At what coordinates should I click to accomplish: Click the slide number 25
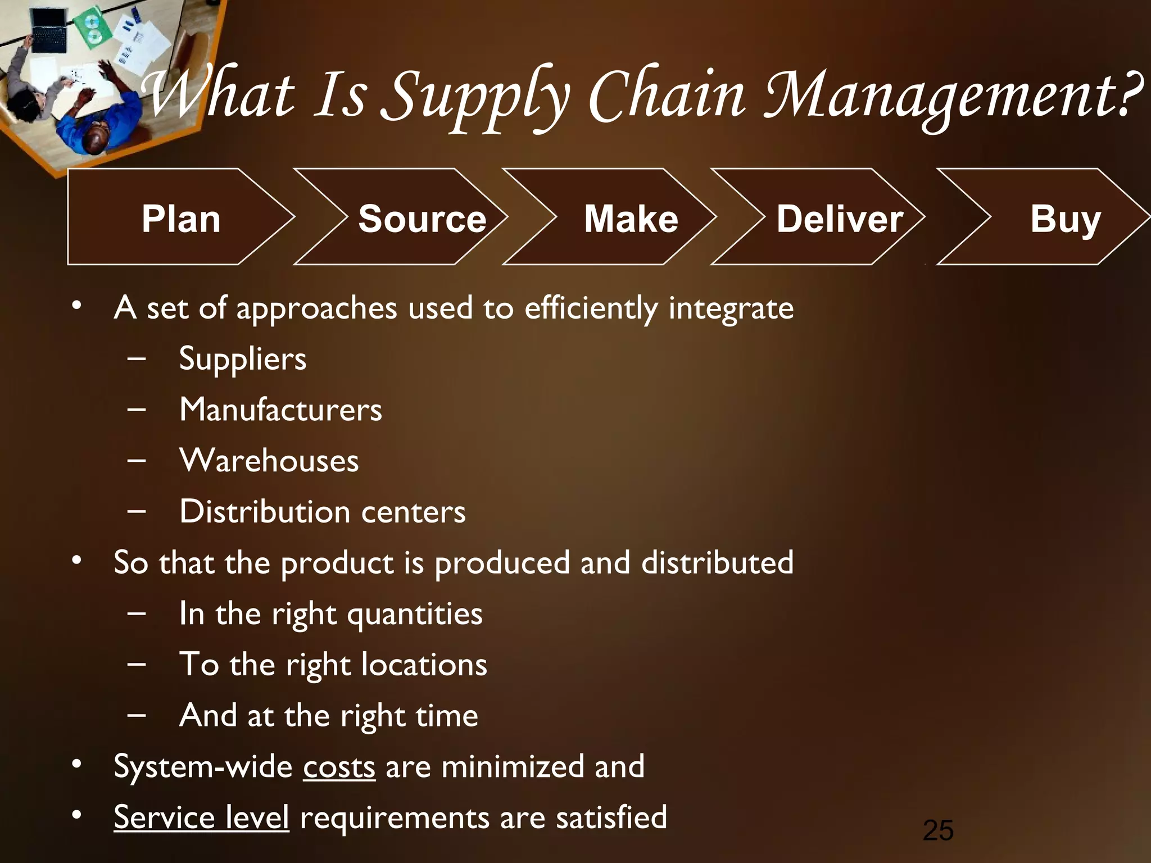point(938,830)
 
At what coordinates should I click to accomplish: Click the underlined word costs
point(339,767)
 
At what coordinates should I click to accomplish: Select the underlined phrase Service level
point(201,817)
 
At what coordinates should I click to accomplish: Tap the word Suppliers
point(243,359)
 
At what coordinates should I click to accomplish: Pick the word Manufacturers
point(280,410)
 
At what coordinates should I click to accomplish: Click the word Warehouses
point(269,461)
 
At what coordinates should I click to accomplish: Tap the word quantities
point(415,614)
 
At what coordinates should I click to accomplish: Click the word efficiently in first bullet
point(591,308)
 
